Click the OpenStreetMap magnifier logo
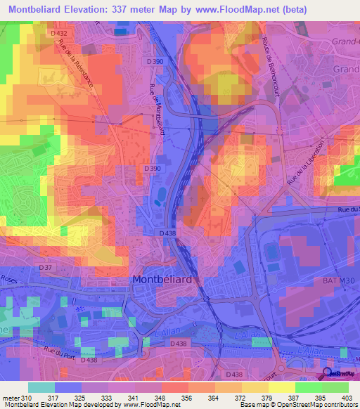[328, 375]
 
